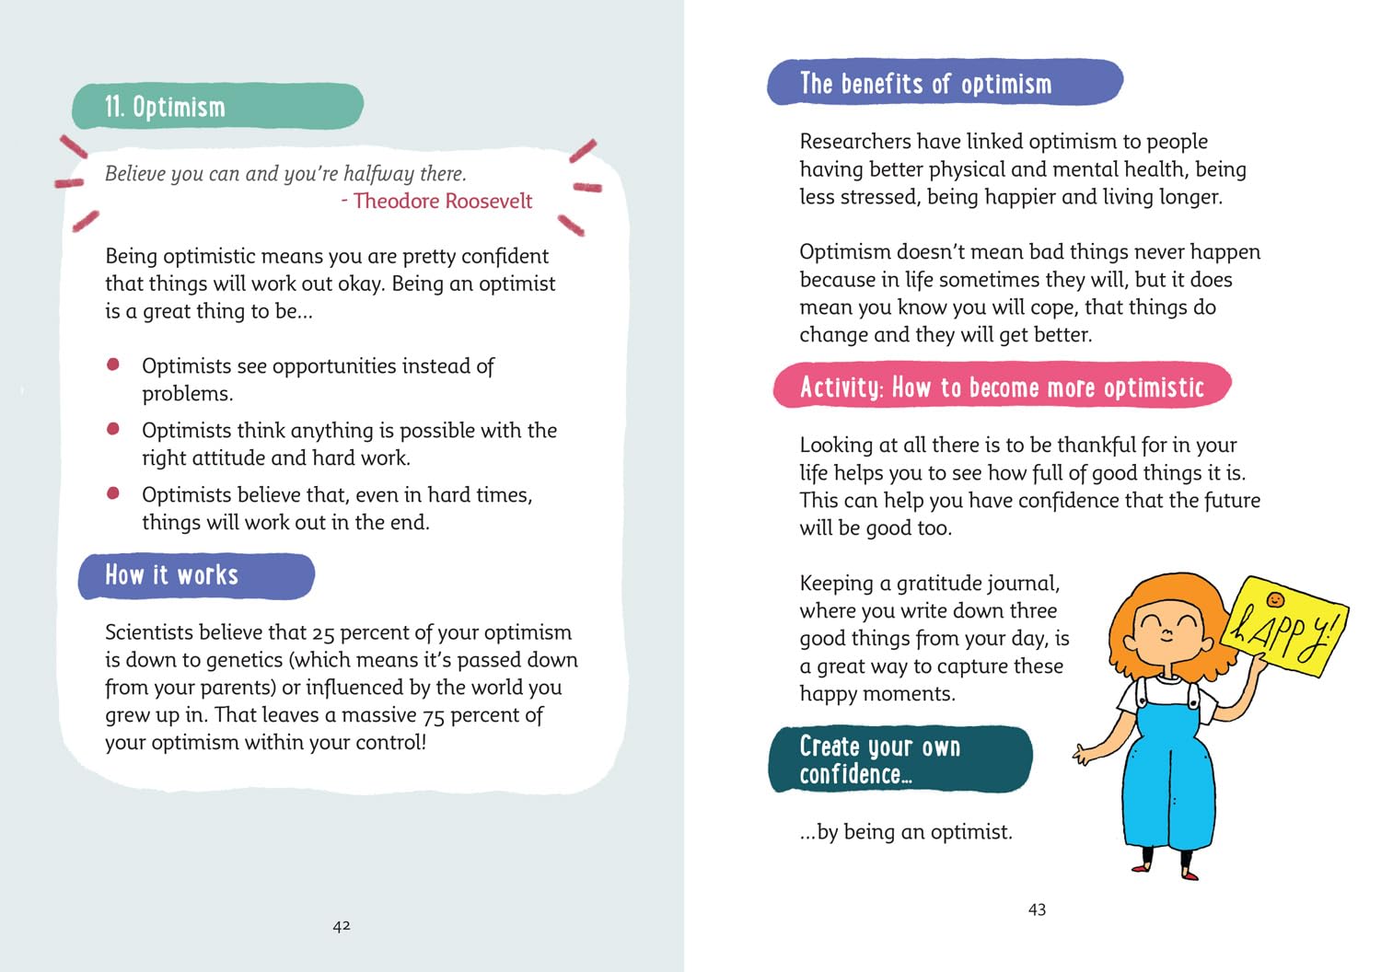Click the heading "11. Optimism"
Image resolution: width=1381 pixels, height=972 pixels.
(x=166, y=107)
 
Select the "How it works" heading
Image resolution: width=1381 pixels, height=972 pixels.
(x=172, y=575)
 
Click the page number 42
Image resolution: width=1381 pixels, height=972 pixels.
(x=342, y=926)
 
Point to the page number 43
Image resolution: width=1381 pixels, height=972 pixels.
(x=1037, y=909)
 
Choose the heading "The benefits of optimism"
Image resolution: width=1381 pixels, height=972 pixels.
(x=925, y=84)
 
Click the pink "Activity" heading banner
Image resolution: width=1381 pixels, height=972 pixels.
(x=1002, y=387)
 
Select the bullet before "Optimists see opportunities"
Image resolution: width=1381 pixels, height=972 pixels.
(x=113, y=364)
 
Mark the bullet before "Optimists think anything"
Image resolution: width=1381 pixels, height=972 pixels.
(x=113, y=429)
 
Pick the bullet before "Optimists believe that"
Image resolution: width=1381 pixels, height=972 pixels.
(x=113, y=493)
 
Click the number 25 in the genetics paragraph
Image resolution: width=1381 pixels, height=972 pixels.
(x=323, y=633)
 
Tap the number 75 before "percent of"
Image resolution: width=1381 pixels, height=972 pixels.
(x=433, y=716)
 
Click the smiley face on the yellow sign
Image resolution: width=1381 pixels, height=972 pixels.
(x=1275, y=600)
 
